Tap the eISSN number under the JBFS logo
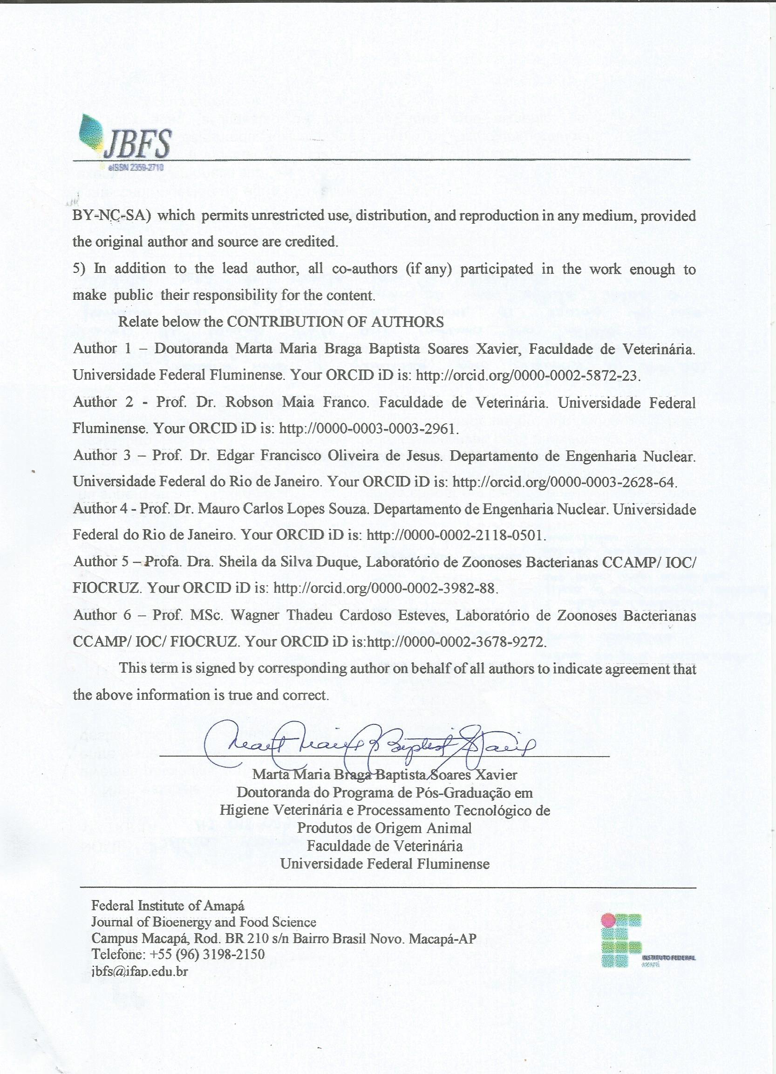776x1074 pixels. coord(136,167)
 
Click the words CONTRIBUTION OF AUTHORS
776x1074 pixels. coord(335,322)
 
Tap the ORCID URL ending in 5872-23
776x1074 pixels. coord(528,376)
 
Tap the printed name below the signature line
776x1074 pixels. coord(385,775)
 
